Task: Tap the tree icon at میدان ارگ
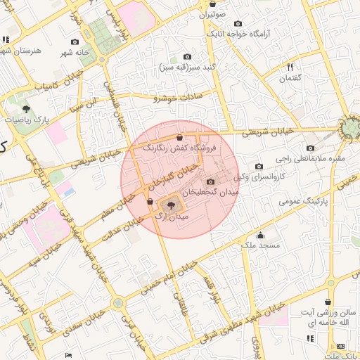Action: [171, 205]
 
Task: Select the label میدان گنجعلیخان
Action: [211, 191]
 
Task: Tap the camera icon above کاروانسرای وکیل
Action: [260, 166]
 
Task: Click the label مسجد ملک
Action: [260, 245]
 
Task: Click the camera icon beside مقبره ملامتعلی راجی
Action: [311, 148]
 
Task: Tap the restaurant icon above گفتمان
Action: [290, 67]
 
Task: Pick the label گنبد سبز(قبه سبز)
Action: [190, 67]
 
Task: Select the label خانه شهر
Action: [75, 53]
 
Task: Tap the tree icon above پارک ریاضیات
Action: [26, 109]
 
